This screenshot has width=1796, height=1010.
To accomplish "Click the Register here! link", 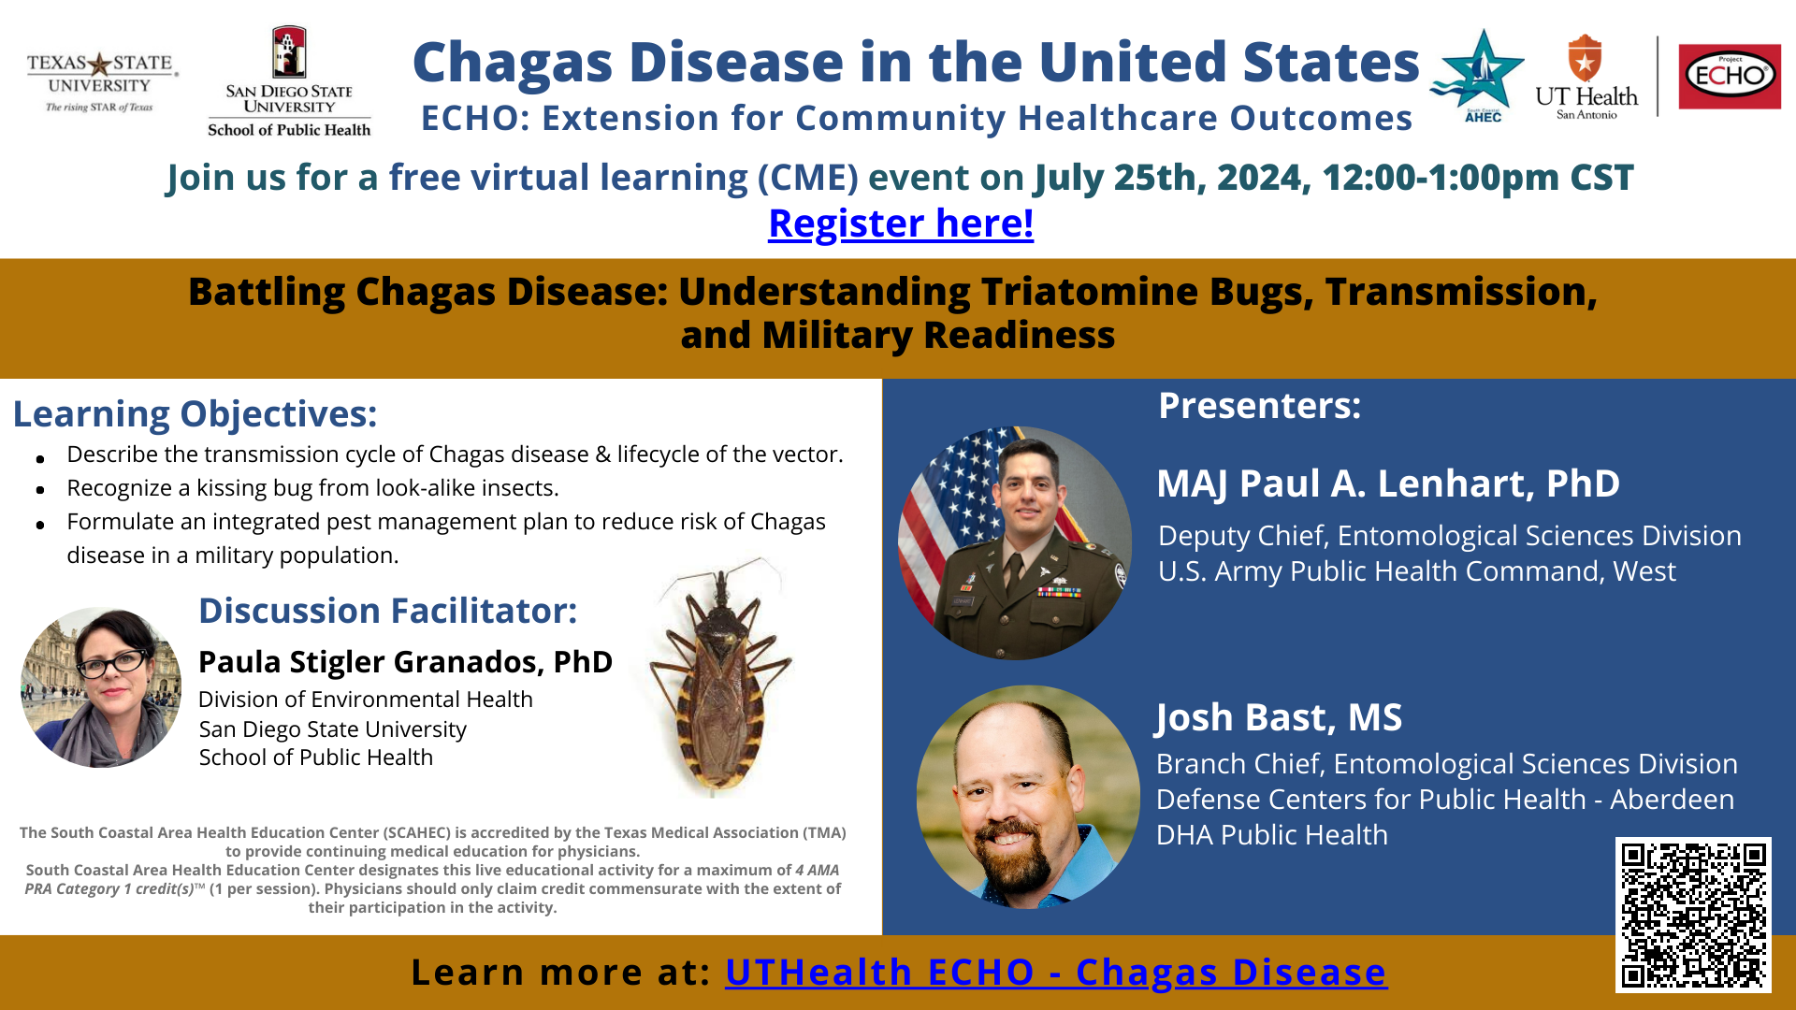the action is click(901, 224).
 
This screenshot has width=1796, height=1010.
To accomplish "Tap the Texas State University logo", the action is click(100, 82).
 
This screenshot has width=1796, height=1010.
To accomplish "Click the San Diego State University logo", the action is click(289, 81).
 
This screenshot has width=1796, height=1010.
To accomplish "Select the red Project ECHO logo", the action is click(1730, 76).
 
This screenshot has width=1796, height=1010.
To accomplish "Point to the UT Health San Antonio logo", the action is click(1586, 78).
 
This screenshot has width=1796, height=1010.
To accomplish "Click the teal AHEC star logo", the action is click(1479, 76).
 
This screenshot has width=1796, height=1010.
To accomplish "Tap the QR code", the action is click(1693, 915).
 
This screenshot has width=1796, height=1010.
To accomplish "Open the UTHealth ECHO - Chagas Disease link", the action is click(1056, 973).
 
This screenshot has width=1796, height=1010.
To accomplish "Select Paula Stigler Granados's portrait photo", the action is click(101, 687).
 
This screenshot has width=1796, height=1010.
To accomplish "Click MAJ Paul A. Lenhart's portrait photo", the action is click(1015, 543).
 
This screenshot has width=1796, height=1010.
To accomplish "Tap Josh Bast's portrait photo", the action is click(1028, 797).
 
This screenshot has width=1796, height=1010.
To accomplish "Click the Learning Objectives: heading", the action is click(195, 414).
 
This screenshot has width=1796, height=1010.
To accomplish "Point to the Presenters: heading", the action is click(1259, 406).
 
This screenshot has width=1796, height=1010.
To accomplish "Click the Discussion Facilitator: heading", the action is click(387, 611).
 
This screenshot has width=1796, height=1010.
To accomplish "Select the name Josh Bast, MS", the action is click(1278, 717).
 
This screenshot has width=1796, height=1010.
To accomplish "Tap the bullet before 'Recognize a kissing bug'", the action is click(40, 490).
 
